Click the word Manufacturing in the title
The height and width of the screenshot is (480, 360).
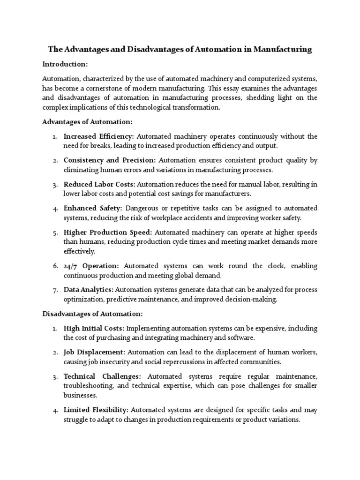pos(283,49)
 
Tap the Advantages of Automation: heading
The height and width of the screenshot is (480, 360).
pos(88,121)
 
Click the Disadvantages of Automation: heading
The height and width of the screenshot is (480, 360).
pos(92,314)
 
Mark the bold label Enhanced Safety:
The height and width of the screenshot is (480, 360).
pos(93,208)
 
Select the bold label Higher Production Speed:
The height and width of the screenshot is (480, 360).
pos(108,232)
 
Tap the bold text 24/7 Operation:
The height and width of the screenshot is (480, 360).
pos(91,266)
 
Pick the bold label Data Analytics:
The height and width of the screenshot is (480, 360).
pos(89,290)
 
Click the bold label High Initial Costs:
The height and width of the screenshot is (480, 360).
pos(94,328)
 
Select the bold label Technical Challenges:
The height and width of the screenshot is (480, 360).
pos(102,376)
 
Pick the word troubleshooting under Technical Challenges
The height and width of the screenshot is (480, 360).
pos(88,385)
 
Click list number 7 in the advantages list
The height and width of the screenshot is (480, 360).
pos(55,290)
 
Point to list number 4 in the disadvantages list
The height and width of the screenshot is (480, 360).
pos(55,410)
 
